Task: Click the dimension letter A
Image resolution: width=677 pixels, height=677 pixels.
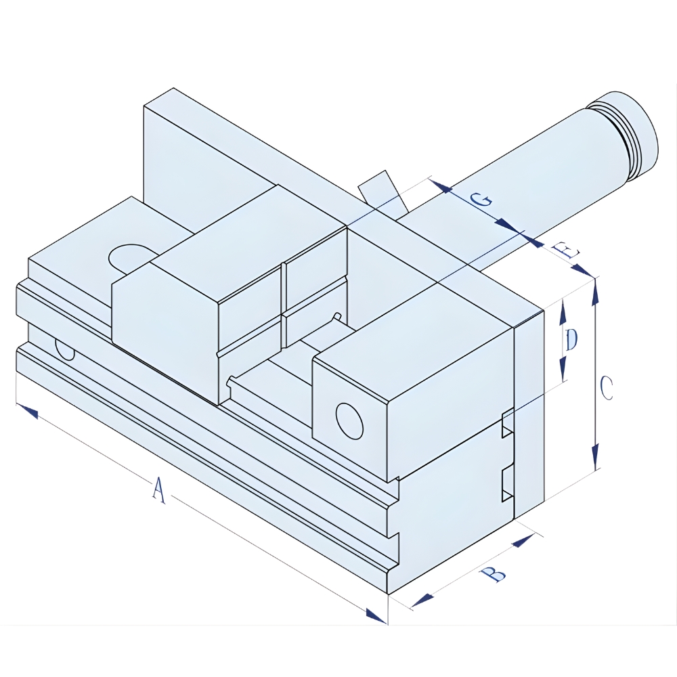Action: pos(158,490)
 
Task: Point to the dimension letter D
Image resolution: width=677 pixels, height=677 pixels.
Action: pos(571,340)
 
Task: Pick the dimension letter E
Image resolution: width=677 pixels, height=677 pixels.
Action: pos(566,252)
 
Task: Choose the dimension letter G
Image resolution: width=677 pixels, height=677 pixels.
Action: pos(481,200)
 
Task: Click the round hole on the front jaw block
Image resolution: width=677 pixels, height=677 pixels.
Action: pos(349,422)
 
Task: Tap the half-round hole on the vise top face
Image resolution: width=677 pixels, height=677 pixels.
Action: pos(130,255)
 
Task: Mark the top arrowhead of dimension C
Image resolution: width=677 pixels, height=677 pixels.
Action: pos(595,288)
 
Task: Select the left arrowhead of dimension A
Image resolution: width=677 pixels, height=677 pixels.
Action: pos(27,410)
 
